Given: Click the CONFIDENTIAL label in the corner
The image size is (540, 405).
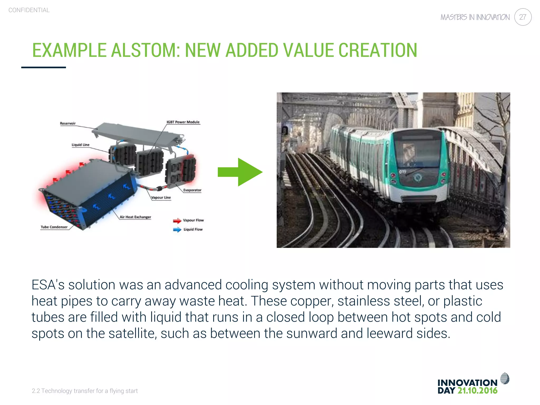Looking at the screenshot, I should (29, 10).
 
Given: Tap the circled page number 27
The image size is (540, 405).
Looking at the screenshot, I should (523, 17).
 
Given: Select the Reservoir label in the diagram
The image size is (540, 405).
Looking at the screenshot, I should (67, 123).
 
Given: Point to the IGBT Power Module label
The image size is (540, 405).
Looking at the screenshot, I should (183, 122).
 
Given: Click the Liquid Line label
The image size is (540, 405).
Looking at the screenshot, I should (80, 145).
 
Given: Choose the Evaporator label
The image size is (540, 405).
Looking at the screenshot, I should (192, 190).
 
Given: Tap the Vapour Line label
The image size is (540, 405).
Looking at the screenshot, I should (161, 197).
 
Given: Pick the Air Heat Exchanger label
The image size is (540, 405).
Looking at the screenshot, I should (135, 217).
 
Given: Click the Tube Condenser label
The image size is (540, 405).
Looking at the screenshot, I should (54, 227).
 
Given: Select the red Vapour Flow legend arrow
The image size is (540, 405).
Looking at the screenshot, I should (177, 220).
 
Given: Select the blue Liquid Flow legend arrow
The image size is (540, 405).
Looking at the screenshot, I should (177, 230).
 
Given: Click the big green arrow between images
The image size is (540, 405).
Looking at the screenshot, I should (240, 172).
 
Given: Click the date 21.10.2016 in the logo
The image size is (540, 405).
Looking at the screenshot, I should (477, 391).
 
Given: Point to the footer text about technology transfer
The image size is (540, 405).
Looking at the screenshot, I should (85, 391).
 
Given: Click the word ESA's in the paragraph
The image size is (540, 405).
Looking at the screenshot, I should (48, 285).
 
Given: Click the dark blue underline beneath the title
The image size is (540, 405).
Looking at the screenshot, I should (44, 67).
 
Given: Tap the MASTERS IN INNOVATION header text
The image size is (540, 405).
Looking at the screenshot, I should (475, 17).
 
